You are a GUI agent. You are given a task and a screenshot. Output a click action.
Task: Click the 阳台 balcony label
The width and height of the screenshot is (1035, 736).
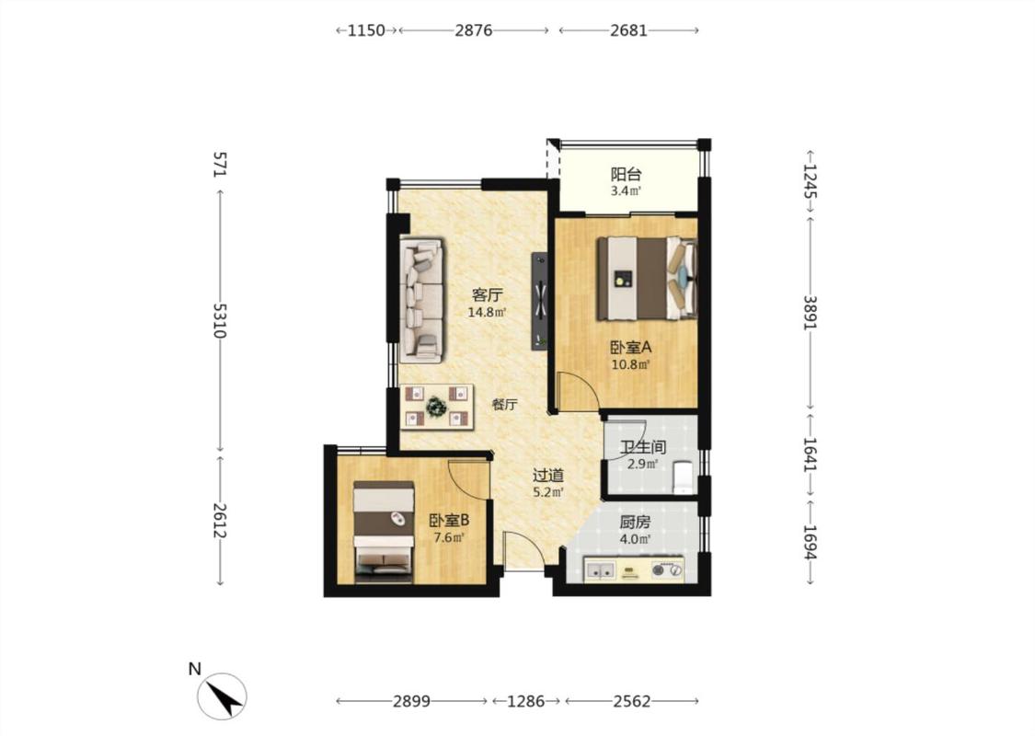pyautogui.click(x=626, y=175)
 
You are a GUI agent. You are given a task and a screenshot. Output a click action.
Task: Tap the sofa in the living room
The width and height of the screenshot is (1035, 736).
pyautogui.click(x=421, y=300)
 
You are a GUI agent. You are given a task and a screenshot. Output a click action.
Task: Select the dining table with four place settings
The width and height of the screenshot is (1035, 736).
pyautogui.click(x=437, y=407)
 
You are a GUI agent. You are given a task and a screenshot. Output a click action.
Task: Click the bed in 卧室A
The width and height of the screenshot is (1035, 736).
pyautogui.click(x=648, y=278)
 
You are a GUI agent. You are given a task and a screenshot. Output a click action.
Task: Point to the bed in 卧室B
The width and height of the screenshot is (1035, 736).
pyautogui.click(x=384, y=532)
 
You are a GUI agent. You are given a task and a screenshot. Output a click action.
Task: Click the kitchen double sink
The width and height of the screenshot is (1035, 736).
pyautogui.click(x=600, y=569)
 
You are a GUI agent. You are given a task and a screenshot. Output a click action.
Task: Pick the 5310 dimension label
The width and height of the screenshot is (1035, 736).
pyautogui.click(x=220, y=321)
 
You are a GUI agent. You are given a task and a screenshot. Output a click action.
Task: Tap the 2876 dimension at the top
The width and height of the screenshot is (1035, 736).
pyautogui.click(x=473, y=30)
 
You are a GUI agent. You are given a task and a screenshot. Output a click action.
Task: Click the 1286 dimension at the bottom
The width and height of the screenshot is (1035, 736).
pyautogui.click(x=525, y=701)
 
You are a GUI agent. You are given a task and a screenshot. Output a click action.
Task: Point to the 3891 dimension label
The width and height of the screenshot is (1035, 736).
pyautogui.click(x=811, y=312)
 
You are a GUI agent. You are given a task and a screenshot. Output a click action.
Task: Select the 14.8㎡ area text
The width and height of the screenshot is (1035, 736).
pyautogui.click(x=487, y=312)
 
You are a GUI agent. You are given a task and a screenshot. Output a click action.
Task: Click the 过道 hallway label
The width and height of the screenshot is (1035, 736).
pyautogui.click(x=548, y=476)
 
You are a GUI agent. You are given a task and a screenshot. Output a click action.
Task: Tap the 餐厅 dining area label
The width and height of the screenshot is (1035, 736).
pyautogui.click(x=504, y=405)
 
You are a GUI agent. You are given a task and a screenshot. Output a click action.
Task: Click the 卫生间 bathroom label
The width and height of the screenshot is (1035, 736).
pyautogui.click(x=643, y=447)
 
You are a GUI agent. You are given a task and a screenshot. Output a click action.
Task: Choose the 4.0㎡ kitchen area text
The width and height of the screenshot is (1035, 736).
pyautogui.click(x=635, y=539)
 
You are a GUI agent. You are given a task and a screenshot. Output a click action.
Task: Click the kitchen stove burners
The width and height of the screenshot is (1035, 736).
pyautogui.click(x=667, y=569)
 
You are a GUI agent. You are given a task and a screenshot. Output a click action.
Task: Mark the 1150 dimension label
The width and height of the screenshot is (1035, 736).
pyautogui.click(x=366, y=30)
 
